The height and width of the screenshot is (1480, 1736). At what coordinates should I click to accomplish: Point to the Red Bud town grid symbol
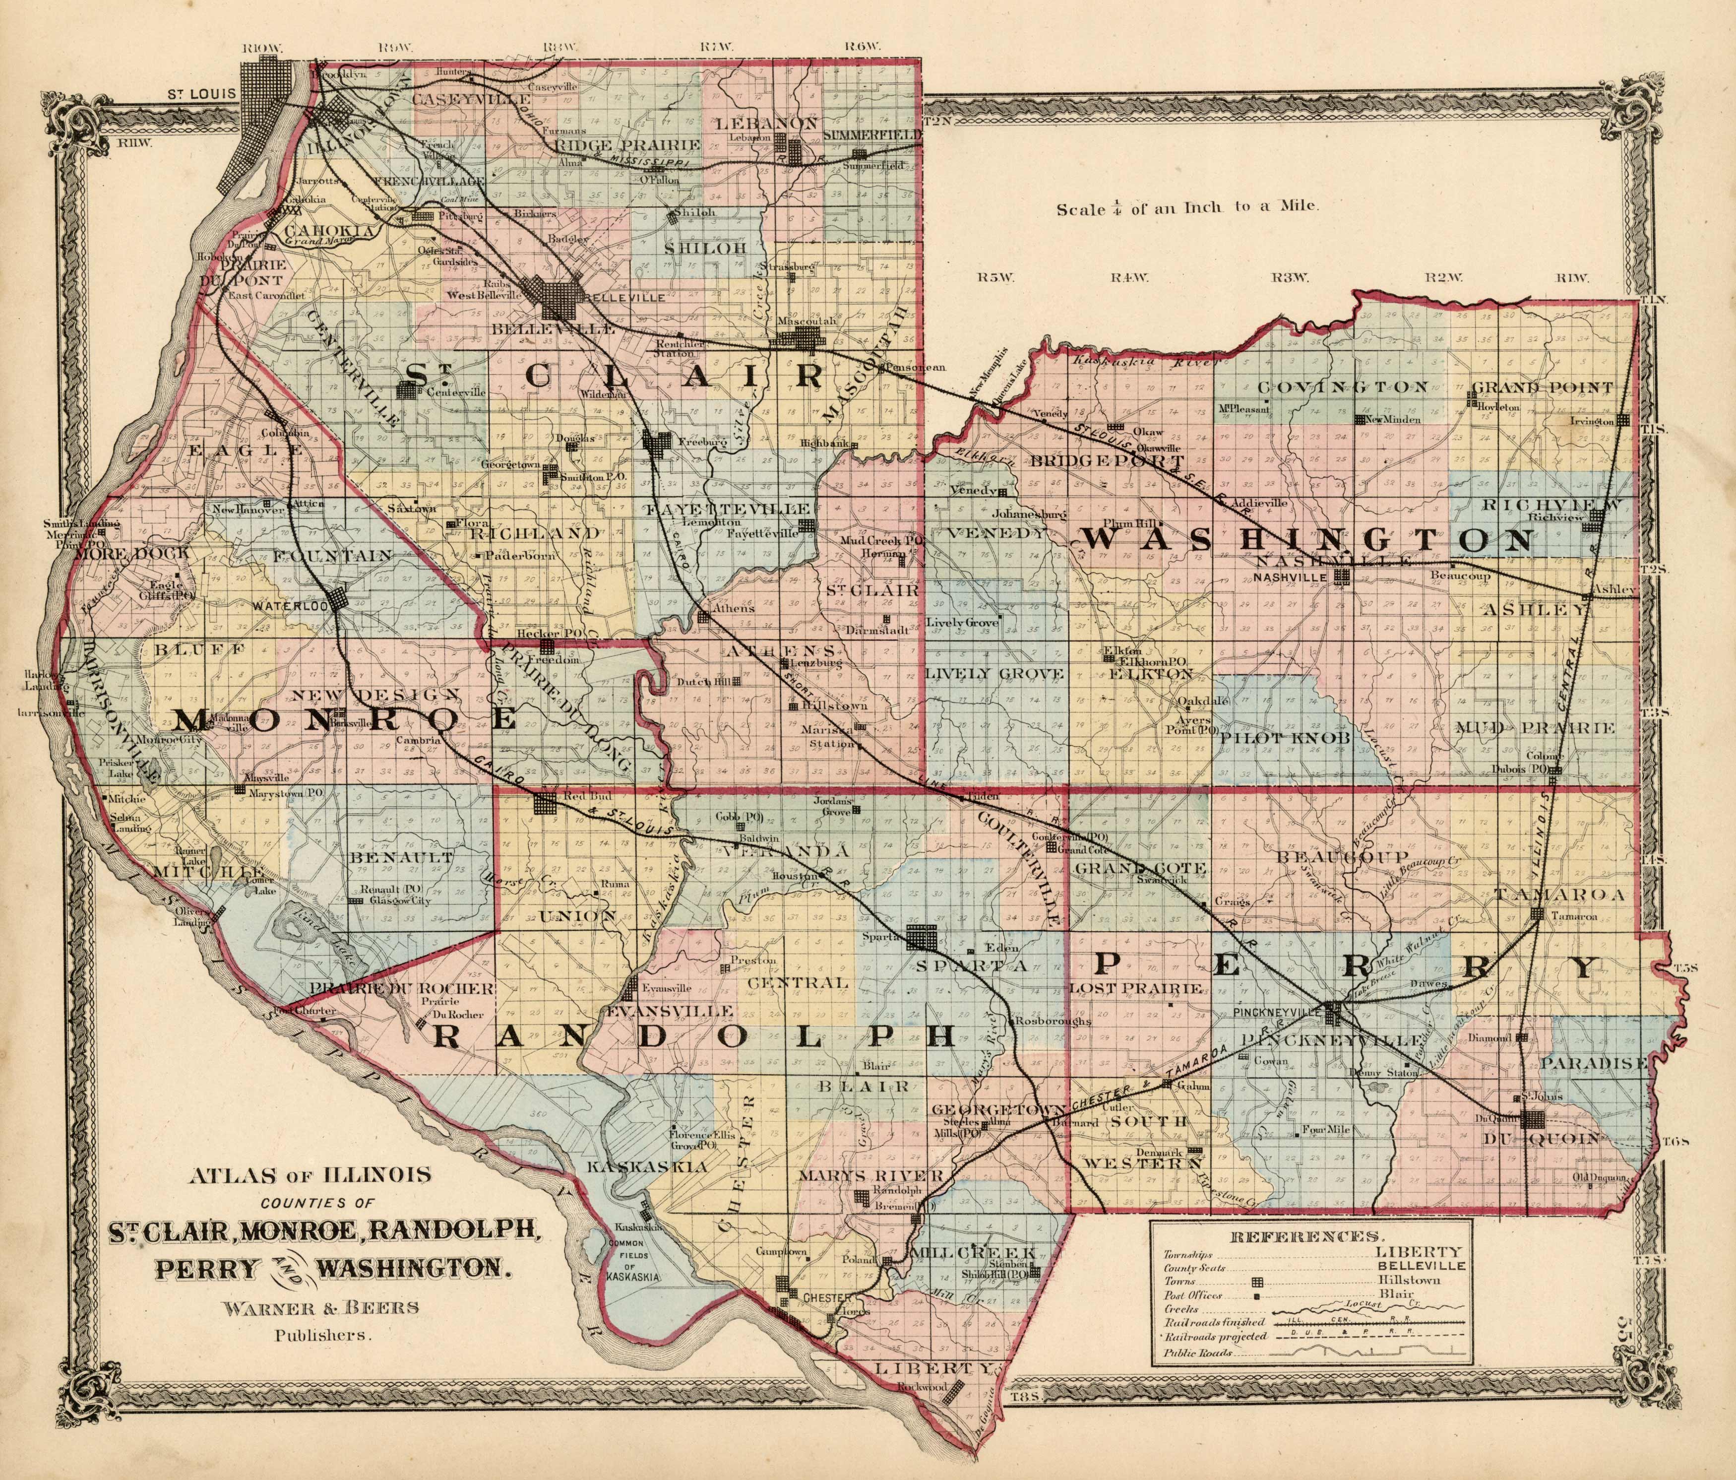click(x=546, y=803)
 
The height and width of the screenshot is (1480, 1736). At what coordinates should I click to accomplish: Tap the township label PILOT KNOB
click(x=1274, y=737)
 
